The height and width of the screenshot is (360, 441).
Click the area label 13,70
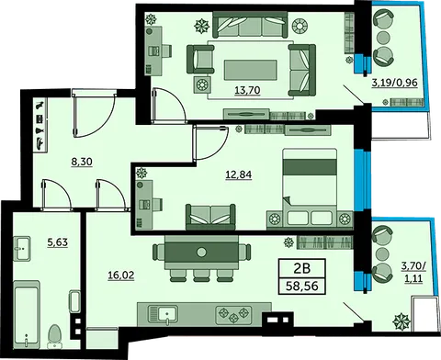247,90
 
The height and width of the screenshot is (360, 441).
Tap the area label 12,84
239,174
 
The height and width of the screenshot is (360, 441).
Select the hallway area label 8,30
82,161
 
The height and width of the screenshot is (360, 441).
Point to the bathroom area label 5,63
57,242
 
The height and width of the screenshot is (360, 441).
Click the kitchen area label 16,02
121,276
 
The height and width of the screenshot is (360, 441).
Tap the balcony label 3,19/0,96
394,83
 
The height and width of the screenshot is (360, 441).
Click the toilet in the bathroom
55,336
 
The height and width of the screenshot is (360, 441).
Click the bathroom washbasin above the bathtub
22,249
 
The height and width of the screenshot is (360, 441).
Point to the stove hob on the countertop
234,315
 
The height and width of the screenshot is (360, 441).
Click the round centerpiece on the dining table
201,253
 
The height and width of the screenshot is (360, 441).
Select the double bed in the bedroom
310,188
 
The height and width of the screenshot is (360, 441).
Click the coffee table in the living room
251,70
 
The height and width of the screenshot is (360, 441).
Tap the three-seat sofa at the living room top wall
250,25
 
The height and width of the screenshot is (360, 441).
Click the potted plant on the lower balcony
401,321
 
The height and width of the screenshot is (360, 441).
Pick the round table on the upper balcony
382,38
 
